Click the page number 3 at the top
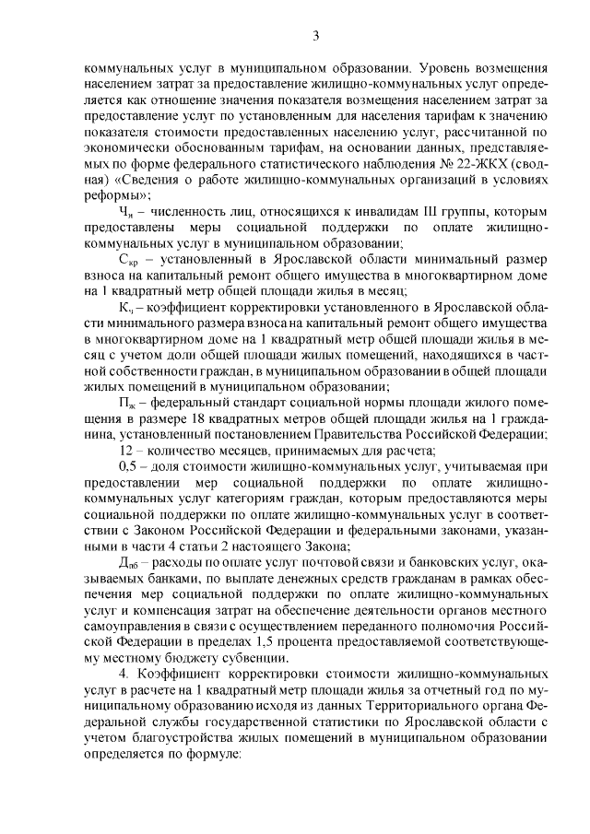tap(315, 35)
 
